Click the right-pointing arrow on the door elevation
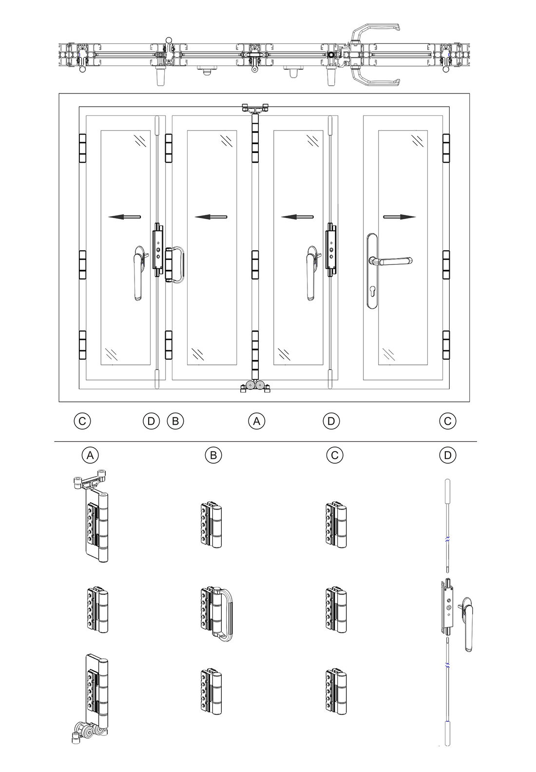point(400,217)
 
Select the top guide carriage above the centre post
point(255,108)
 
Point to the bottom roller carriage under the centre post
point(255,386)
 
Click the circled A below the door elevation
point(256,421)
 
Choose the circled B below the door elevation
point(175,421)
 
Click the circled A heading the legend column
point(90,455)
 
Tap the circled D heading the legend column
point(448,455)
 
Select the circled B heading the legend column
point(213,455)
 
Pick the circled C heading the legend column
point(335,455)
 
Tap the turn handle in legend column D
point(466,624)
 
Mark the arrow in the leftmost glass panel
point(124,217)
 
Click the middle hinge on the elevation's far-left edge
point(82,264)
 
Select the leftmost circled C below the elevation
point(82,421)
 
